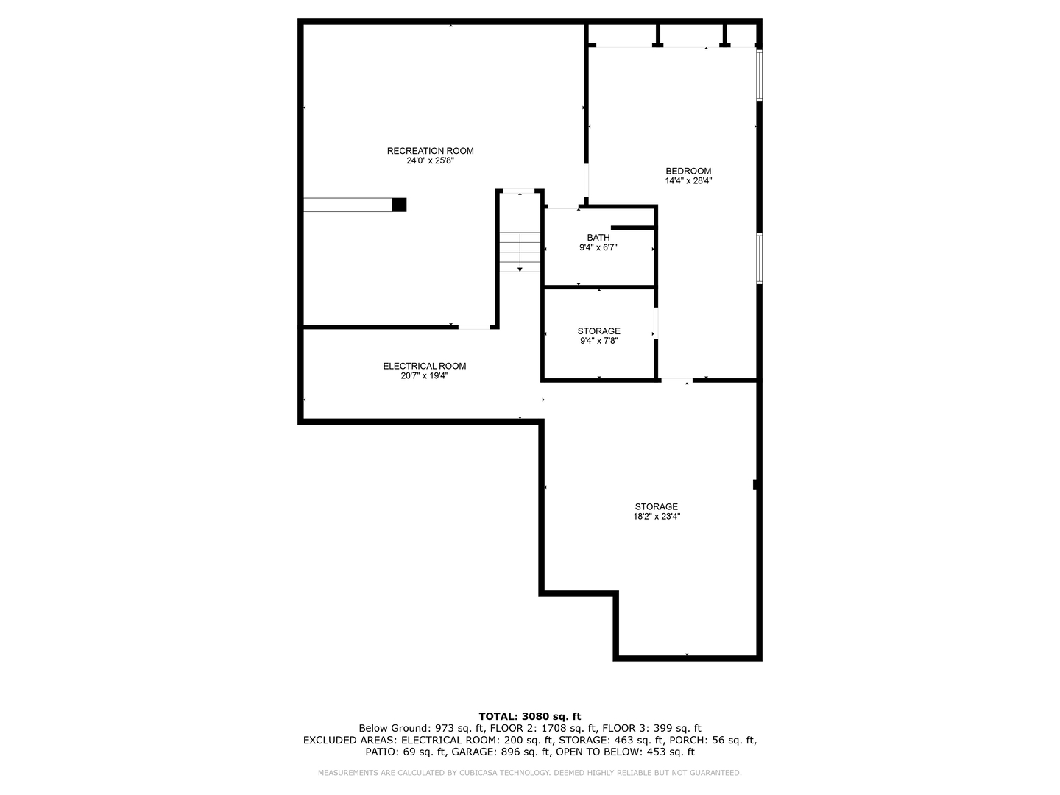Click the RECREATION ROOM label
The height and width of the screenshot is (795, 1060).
coord(430,151)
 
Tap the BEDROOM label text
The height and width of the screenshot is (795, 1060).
coord(688,171)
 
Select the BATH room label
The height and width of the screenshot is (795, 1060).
coord(598,238)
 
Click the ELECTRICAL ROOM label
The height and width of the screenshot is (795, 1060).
coord(424,366)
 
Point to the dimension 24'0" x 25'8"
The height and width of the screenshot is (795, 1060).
coord(430,160)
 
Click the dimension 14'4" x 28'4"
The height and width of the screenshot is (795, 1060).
coord(688,180)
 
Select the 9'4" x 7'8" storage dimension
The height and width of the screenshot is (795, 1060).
coord(598,341)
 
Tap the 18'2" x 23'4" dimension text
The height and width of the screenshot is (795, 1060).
coord(656,517)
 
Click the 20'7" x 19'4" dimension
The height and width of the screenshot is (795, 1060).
coord(424,375)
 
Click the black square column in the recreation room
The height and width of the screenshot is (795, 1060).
coord(399,205)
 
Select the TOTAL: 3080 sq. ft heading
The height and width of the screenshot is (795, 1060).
coord(529,716)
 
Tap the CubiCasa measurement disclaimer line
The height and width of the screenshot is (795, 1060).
coord(529,773)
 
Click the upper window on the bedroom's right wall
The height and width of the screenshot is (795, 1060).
coord(759,74)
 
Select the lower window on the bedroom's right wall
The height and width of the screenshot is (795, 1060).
coord(759,258)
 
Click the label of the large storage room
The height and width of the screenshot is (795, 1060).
coord(656,506)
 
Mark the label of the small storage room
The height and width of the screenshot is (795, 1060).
coord(598,331)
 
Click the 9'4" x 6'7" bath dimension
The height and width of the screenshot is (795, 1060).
coord(598,248)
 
